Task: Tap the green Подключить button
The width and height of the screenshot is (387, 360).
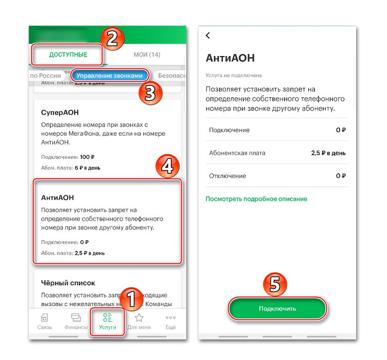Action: [277, 308]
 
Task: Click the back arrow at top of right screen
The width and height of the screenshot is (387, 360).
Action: [208, 35]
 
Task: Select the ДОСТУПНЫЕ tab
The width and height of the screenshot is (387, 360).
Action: [68, 55]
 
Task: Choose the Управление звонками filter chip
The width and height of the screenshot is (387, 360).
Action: [111, 76]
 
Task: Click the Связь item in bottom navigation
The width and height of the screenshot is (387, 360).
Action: [44, 321]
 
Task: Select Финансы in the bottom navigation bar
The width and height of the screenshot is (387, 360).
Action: [76, 321]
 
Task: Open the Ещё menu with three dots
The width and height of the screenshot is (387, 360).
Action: [170, 321]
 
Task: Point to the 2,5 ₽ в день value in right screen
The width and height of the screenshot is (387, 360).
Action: [328, 153]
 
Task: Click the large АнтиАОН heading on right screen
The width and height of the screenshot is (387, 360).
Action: [230, 58]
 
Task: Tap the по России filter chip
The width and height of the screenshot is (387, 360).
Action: [45, 76]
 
